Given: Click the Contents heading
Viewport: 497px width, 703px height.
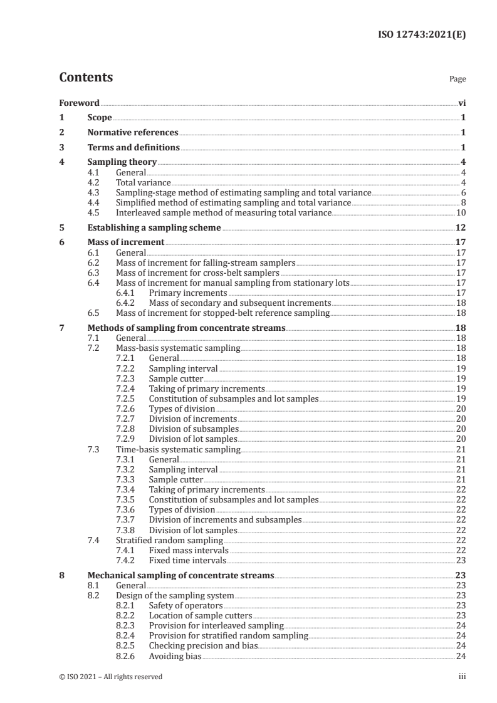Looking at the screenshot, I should point(86,78).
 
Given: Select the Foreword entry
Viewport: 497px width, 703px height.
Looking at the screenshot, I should point(79,103).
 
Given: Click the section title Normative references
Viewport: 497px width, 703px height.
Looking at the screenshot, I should point(133,133).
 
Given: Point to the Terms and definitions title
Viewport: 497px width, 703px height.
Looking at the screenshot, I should point(133,148).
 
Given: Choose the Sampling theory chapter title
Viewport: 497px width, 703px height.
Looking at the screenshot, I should point(122,163).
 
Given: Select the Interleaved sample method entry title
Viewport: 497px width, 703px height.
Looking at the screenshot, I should point(223,213).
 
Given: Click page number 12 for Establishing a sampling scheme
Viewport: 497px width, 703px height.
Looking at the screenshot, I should point(460,228).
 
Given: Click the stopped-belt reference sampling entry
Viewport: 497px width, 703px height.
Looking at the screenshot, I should point(222,313).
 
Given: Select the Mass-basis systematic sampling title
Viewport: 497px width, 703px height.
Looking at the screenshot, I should point(178,348).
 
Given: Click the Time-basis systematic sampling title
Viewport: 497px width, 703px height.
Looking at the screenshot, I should point(178,449).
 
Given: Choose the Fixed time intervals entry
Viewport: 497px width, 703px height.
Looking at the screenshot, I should point(187,561).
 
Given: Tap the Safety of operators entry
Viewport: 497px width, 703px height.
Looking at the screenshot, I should point(186,606).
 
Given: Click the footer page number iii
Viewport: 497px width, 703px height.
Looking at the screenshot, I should point(462,677).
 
